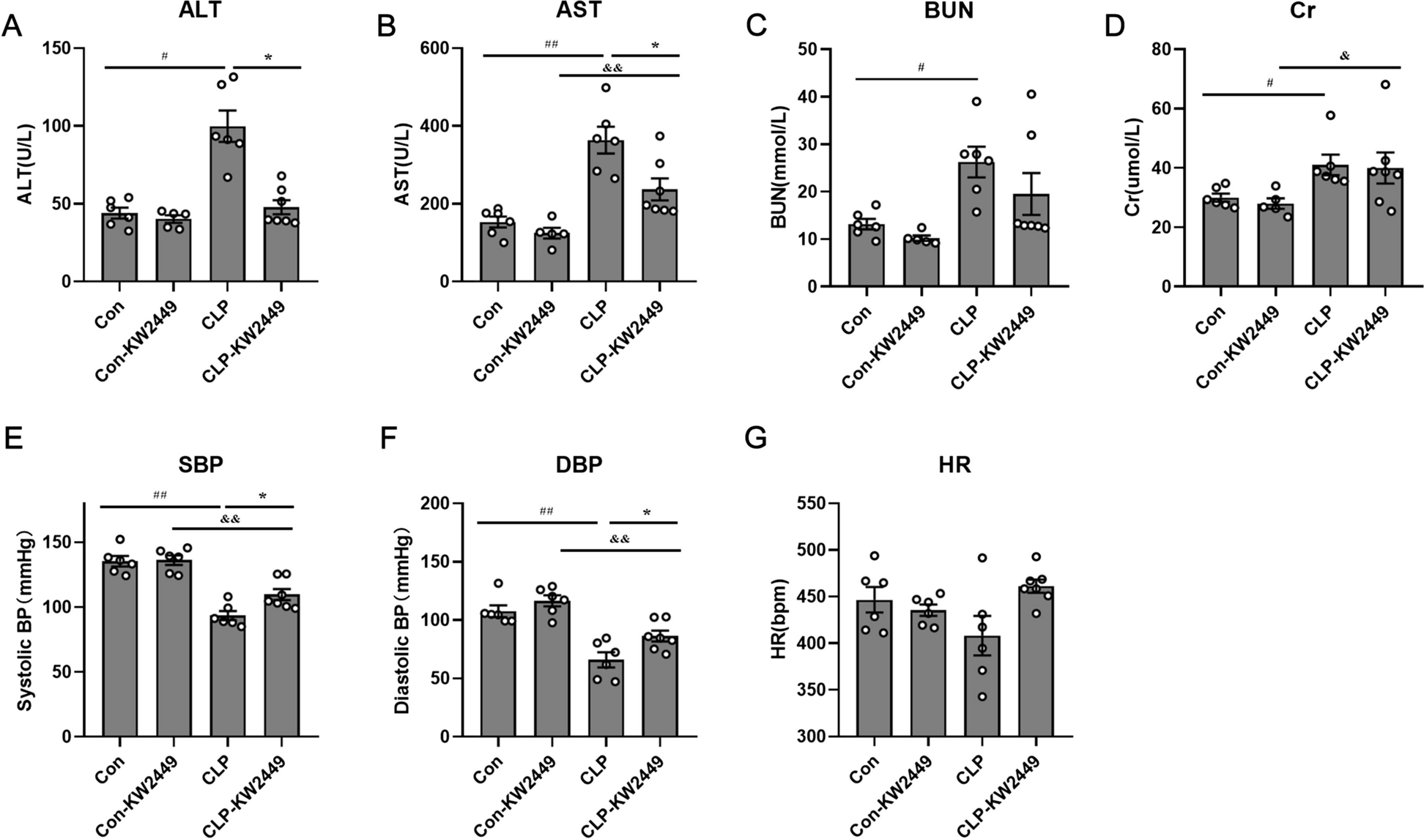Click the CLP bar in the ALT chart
point(227,205)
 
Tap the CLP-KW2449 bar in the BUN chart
point(1031,242)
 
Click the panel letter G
point(755,439)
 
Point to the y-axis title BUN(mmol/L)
point(779,166)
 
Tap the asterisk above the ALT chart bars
point(268,57)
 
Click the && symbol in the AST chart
point(612,68)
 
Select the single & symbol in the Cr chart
point(1344,56)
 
